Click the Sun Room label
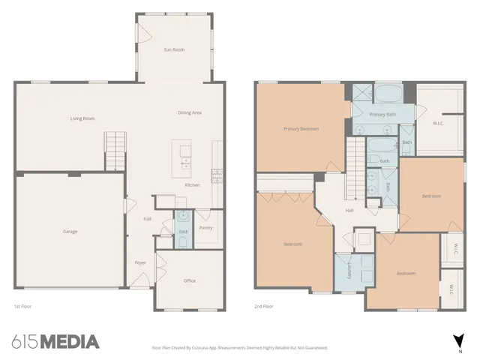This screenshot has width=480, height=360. (174, 49)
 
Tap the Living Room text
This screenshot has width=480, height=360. (82, 118)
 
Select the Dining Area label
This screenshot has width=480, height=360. (189, 112)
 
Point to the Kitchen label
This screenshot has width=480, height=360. (192, 185)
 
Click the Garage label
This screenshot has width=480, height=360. (70, 231)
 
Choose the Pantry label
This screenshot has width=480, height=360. (205, 227)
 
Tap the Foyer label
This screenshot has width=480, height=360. (140, 262)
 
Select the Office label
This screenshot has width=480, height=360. (190, 280)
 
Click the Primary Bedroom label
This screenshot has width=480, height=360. (301, 129)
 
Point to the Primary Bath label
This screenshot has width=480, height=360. (384, 114)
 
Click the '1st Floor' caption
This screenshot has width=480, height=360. (22, 307)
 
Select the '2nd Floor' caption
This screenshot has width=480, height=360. (263, 307)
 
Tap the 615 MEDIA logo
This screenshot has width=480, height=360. (55, 342)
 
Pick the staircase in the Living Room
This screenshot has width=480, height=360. (114, 150)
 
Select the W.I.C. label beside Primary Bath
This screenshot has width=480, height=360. (440, 123)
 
